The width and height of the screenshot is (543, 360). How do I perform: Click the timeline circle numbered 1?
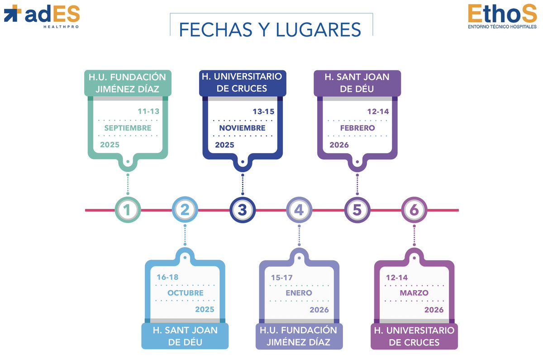[x=128, y=210]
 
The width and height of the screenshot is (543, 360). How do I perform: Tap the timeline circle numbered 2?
[x=185, y=210]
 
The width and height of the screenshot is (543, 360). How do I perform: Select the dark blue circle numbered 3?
[x=243, y=210]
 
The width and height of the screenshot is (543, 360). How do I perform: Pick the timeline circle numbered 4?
[x=300, y=210]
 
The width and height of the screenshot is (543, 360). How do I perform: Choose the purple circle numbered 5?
[x=357, y=210]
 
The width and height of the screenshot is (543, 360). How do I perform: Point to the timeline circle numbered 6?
[x=414, y=210]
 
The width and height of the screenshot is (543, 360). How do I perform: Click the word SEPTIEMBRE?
[x=128, y=128]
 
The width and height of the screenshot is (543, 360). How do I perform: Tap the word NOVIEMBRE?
[x=242, y=128]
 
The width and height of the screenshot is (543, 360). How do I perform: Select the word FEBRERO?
[x=357, y=128]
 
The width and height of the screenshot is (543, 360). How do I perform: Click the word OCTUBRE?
[x=185, y=293]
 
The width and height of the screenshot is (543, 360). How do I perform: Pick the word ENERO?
[x=299, y=293]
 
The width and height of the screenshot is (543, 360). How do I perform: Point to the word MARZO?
[x=414, y=293]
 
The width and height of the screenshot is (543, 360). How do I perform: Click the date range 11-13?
[x=148, y=111]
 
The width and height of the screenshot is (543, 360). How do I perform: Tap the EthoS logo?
[x=502, y=17]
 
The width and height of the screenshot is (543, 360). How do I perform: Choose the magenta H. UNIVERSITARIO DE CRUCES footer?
[x=414, y=336]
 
